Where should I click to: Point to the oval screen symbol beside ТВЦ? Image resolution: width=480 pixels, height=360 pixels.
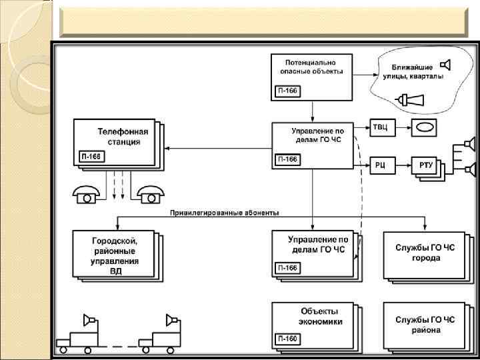pos(424,127)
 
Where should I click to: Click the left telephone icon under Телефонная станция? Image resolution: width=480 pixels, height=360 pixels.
pos(86,194)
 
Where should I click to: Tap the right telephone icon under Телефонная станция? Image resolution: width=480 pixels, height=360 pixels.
pos(151,194)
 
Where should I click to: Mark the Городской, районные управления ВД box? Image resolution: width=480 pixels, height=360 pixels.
pos(115,254)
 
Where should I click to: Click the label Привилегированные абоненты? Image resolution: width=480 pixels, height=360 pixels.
pos(224,213)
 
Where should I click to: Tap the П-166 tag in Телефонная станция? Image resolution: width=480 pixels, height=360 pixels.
pos(91,157)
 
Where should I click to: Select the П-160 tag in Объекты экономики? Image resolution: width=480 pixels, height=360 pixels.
pos(287,339)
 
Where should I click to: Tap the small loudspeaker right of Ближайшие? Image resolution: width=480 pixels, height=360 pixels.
pos(445,65)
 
